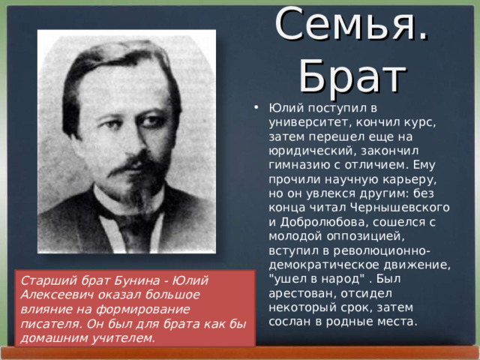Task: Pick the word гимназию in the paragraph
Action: tap(298, 166)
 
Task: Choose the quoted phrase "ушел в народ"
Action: tap(308, 279)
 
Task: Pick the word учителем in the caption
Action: tap(124, 337)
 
